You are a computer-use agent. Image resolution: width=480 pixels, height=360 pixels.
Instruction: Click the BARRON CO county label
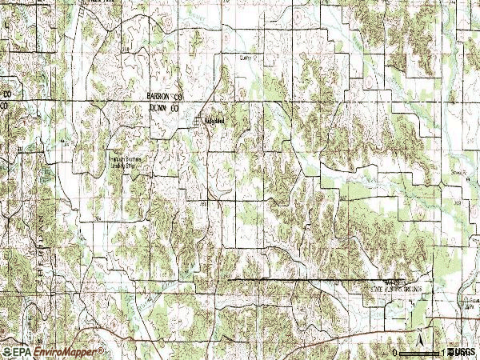tap(166, 95)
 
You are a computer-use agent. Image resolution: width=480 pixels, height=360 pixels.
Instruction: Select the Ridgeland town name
tap(214, 122)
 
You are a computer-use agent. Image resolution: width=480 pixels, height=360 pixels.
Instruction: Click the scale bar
tap(420, 351)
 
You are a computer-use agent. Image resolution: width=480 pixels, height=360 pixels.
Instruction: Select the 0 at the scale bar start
tap(395, 351)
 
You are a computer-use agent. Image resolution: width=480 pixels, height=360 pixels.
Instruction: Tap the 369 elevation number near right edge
tap(458, 204)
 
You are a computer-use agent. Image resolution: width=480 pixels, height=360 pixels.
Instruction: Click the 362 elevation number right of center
tap(346, 197)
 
